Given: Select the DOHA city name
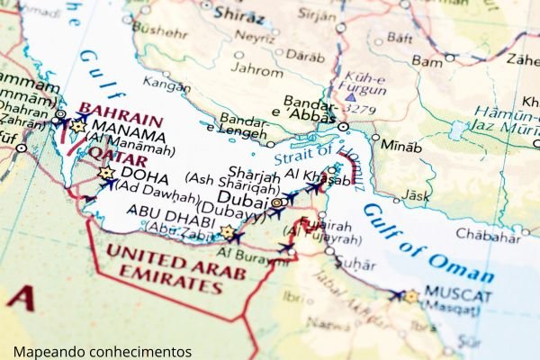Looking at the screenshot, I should (x=144, y=175).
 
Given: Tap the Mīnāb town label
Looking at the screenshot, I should (x=400, y=146).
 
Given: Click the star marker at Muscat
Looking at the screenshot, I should (x=411, y=295).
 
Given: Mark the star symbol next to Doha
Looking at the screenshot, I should (x=106, y=173).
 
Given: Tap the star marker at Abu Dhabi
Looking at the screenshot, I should (x=227, y=232).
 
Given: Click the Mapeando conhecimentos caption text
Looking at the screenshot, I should (x=102, y=351).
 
